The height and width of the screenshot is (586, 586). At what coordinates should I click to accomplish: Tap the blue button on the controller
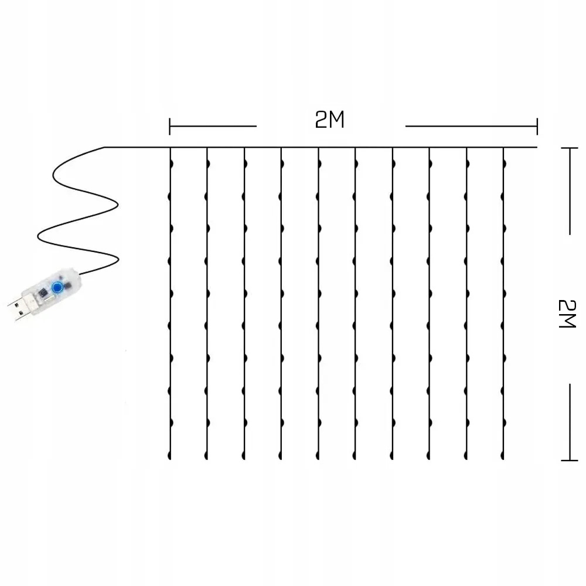tap(57, 288)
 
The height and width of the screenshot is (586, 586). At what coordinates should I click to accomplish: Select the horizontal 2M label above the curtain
tap(329, 120)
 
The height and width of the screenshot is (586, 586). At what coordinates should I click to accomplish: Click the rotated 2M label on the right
tap(567, 313)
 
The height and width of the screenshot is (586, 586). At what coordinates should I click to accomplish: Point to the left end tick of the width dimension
tap(170, 126)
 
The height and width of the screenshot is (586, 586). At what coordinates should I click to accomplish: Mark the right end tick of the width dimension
tap(537, 126)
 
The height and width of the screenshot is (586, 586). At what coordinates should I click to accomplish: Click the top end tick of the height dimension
tap(570, 149)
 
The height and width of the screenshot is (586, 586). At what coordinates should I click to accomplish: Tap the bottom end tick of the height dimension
tap(570, 460)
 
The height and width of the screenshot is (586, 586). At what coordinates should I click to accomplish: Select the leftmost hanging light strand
tap(170, 305)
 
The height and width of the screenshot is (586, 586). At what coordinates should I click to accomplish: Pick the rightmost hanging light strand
tap(503, 305)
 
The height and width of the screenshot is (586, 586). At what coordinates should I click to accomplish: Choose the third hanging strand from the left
tap(244, 305)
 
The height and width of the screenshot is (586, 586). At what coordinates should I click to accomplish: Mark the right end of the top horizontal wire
tap(536, 147)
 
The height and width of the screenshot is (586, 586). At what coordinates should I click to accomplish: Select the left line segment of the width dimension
tap(214, 126)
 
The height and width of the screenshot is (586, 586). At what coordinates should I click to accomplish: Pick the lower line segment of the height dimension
tap(570, 422)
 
